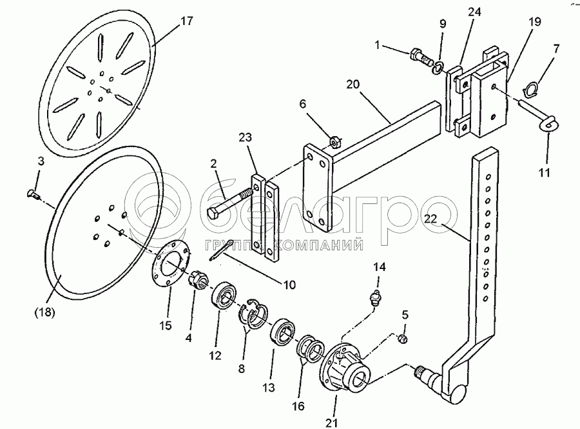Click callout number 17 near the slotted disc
point(186,21)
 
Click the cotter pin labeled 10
point(223,247)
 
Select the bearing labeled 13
point(282,331)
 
